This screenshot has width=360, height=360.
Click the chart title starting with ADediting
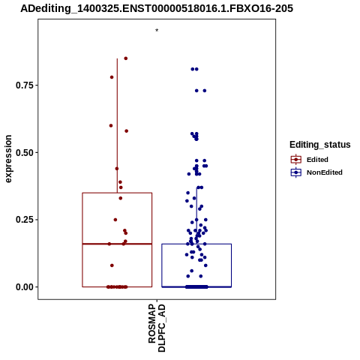[x=157, y=9]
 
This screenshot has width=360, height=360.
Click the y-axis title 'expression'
[x=8, y=159]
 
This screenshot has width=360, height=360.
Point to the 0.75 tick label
[x=25, y=85]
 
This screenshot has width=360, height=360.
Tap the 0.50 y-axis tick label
[x=25, y=152]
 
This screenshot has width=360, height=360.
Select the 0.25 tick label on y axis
[x=25, y=220]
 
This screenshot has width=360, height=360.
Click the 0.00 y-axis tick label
[x=25, y=287]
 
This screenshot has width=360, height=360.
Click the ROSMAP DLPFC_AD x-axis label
[x=157, y=328]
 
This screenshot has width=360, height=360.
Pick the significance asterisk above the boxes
[x=157, y=31]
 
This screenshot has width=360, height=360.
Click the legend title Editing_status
[x=320, y=145]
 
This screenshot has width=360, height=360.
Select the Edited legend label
[x=317, y=160]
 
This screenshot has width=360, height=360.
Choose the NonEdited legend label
[x=325, y=172]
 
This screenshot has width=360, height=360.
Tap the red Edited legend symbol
[x=296, y=160]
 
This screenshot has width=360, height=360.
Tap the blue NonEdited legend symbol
[x=296, y=172]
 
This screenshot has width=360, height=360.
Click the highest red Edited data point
[x=126, y=58]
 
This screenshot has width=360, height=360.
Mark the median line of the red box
[x=117, y=244]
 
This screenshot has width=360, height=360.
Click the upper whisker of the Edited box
[x=117, y=126]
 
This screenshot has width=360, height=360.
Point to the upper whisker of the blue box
[x=196, y=215]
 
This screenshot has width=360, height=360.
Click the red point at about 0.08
[x=112, y=265]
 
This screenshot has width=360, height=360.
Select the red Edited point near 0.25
[x=115, y=220]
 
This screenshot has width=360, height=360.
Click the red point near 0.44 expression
[x=117, y=169]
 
